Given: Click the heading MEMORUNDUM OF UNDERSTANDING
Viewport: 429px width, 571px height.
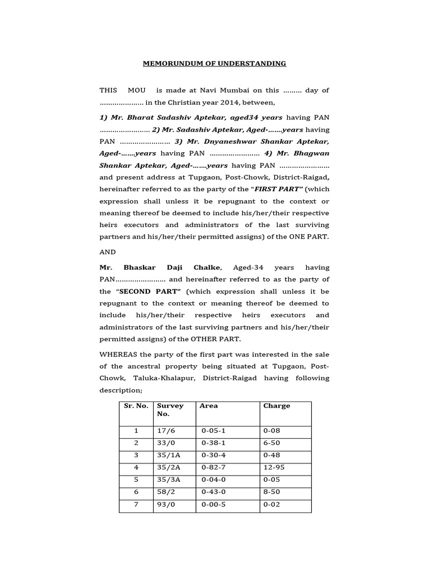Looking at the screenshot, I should click(214, 64).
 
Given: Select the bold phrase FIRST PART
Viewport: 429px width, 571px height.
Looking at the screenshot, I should click(283, 190).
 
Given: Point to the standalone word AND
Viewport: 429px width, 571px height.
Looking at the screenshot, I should click(108, 252).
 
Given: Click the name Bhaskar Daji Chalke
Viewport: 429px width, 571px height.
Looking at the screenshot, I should click(161, 268).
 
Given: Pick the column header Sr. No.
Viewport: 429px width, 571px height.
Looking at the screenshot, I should click(136, 406).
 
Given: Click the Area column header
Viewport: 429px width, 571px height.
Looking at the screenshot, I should click(208, 406).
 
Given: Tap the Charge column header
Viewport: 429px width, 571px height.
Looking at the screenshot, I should click(277, 406).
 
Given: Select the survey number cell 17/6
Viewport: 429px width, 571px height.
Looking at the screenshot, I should click(165, 431).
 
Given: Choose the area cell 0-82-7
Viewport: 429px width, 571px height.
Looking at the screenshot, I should click(214, 467).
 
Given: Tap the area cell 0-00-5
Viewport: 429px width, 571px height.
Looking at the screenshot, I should click(214, 505).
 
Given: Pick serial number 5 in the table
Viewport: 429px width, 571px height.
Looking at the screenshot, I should click(135, 480).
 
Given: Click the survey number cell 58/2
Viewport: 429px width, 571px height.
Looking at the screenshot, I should click(165, 492).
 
